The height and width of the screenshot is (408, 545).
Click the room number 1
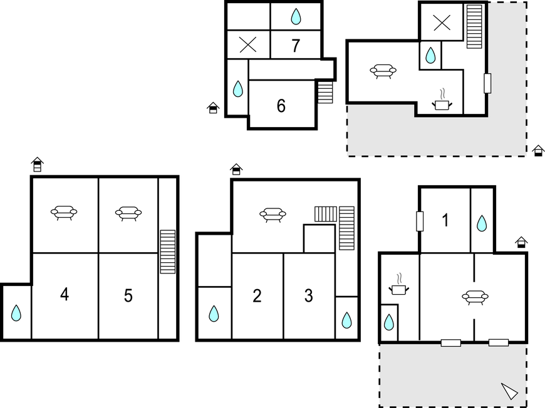[x=445, y=220]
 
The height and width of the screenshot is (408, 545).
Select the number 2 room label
[x=257, y=296]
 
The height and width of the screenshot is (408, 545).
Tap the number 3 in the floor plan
[x=309, y=296]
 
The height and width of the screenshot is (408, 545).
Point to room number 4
[x=65, y=295]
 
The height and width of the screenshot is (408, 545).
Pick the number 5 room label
[x=128, y=296]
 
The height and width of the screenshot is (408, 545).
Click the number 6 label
[x=281, y=106]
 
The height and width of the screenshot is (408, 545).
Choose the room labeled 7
[x=296, y=46]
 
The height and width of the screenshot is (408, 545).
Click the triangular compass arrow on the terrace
[x=509, y=391]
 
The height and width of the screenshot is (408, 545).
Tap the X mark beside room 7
[x=248, y=45]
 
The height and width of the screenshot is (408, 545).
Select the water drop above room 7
[x=296, y=16]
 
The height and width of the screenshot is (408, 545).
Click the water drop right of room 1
[x=482, y=223]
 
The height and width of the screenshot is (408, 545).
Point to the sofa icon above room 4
[x=64, y=213]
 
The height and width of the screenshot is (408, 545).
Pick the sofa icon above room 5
[x=128, y=213]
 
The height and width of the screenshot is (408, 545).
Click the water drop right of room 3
[x=346, y=320]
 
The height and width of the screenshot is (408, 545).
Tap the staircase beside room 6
[x=325, y=93]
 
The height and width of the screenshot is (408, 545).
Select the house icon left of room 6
[x=213, y=108]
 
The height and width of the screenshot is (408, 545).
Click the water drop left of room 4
[x=16, y=313]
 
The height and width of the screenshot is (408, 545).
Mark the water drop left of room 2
[x=214, y=314]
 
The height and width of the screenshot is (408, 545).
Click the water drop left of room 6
[x=238, y=89]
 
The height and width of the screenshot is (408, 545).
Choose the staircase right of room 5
[x=167, y=252]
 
